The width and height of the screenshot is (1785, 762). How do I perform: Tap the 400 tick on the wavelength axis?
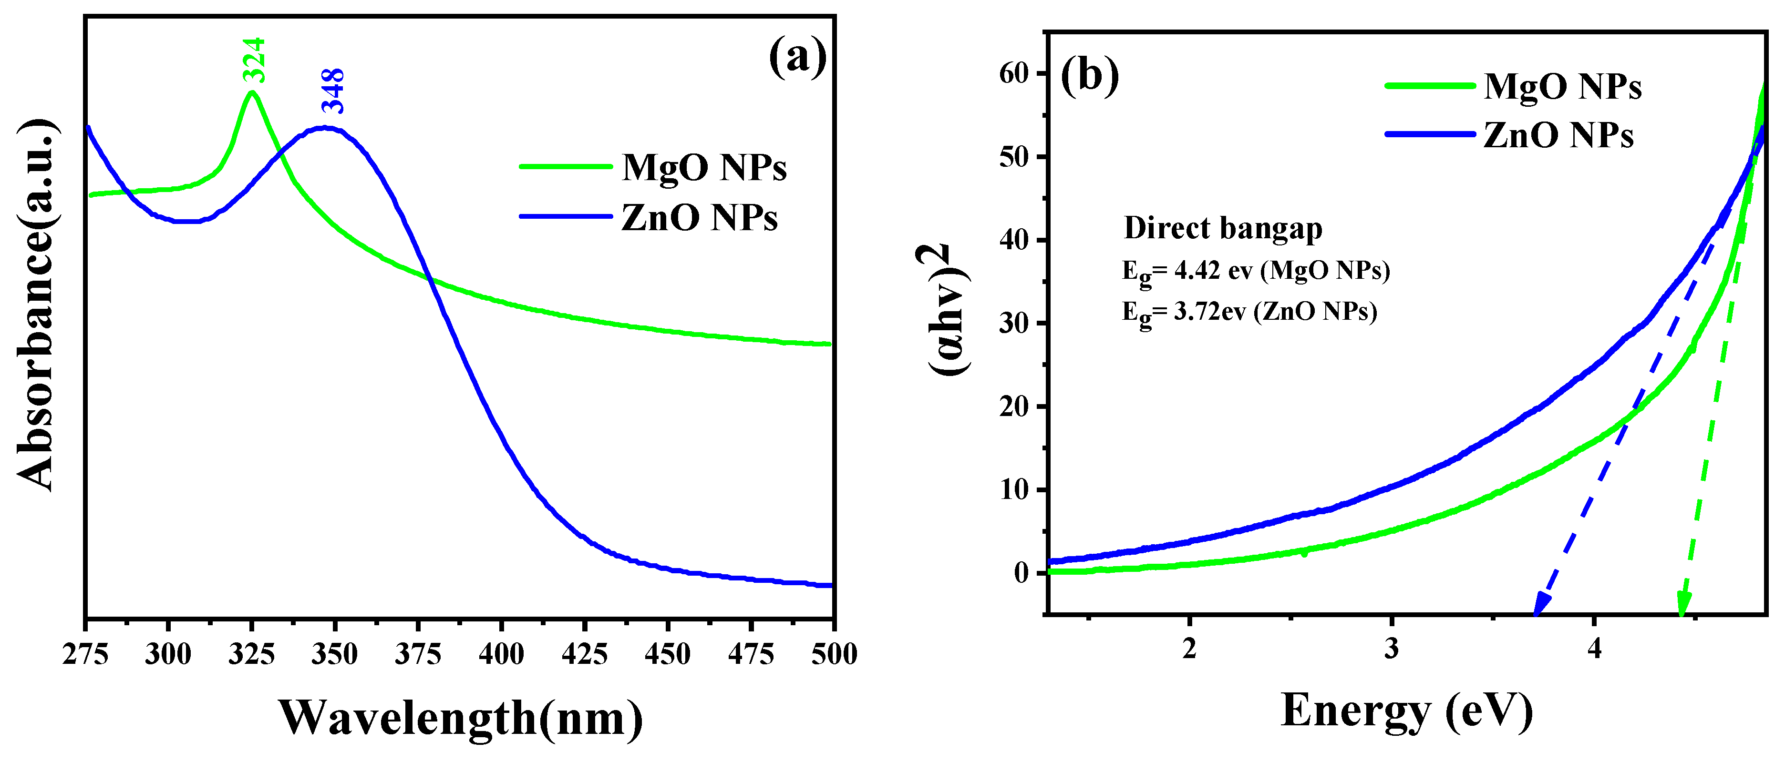point(501,654)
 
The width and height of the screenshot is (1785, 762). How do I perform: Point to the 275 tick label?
point(85,654)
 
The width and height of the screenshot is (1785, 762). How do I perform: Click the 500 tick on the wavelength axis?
point(834,654)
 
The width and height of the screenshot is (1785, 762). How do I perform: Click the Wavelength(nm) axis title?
point(461,718)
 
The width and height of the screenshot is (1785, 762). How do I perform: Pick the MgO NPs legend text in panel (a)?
point(704,168)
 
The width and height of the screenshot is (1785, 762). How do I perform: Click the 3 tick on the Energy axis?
point(1392,649)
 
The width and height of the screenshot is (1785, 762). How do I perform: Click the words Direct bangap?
point(1223,228)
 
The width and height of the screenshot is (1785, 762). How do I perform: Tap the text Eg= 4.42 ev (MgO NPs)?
point(1256,271)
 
